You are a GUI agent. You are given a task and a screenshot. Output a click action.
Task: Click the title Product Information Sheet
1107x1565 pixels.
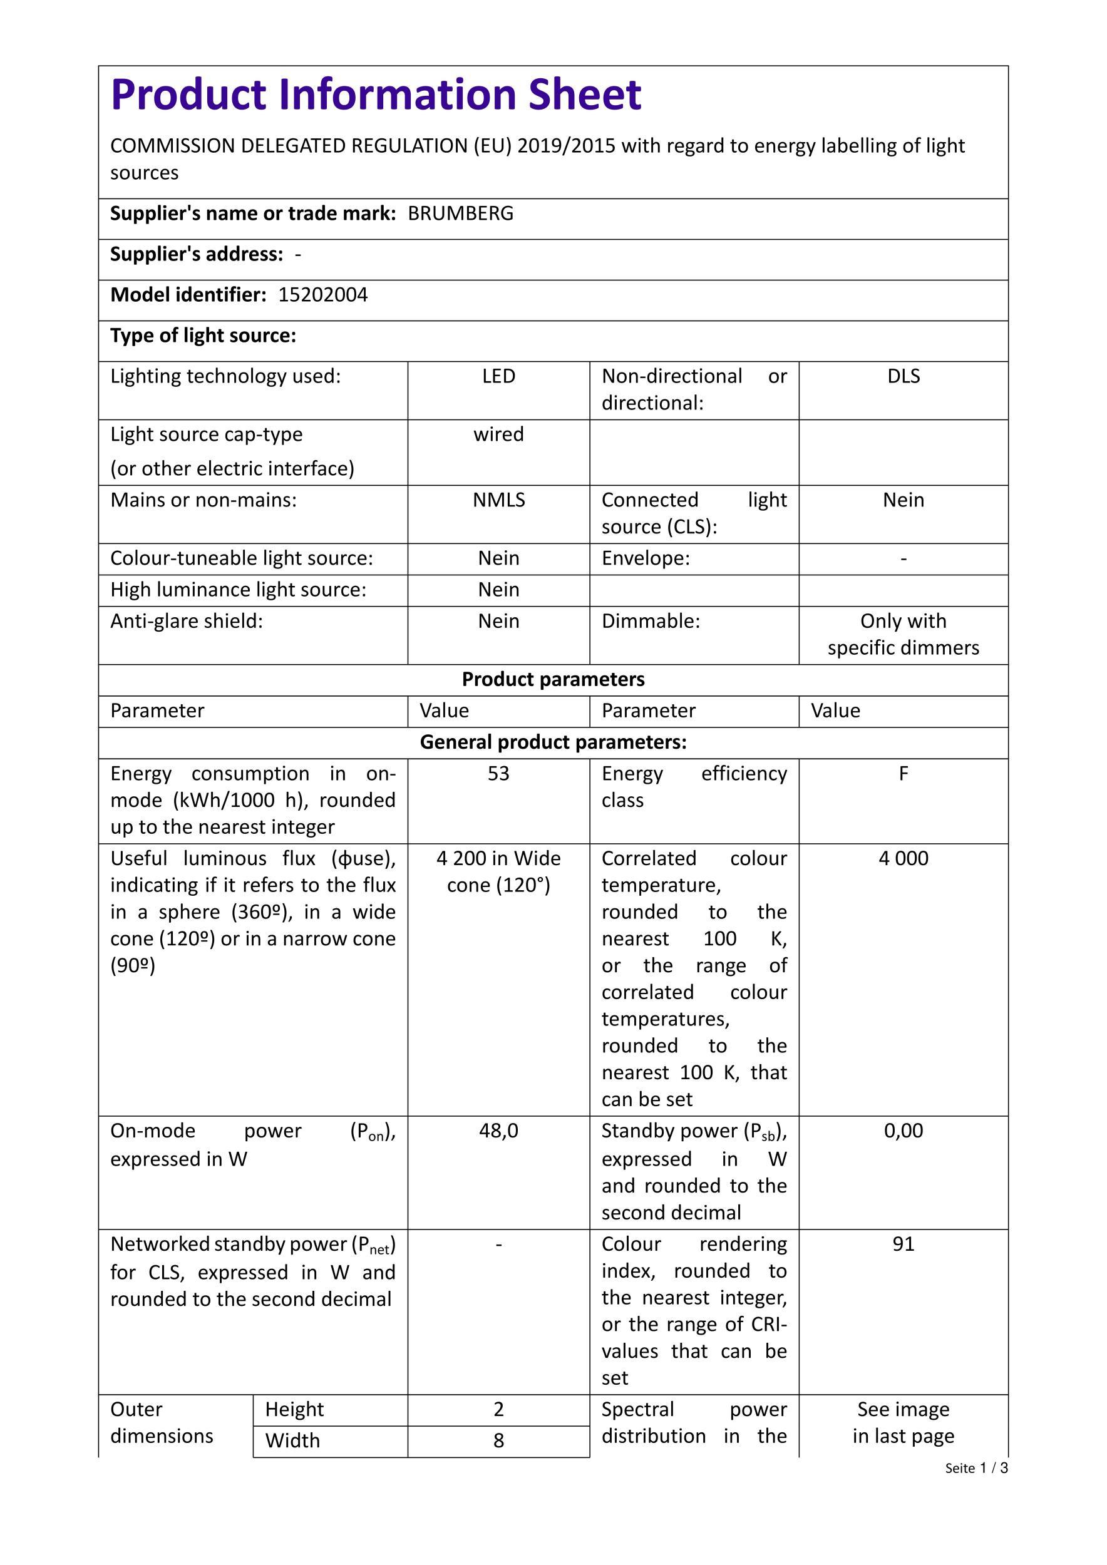tap(376, 95)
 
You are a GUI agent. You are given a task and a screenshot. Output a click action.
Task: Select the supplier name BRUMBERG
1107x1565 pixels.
tap(460, 214)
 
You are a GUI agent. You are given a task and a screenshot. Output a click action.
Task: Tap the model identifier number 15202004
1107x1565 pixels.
tap(322, 295)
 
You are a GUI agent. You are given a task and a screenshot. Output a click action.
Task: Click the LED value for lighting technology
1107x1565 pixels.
tap(498, 376)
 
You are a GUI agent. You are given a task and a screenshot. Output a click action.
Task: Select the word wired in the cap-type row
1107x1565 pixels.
tap(498, 435)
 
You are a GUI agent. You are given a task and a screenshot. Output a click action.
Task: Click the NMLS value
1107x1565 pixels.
tap(498, 500)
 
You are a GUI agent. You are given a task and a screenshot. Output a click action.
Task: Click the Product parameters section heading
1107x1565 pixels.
tap(553, 680)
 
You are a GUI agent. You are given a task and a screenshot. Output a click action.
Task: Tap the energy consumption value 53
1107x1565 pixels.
tap(498, 774)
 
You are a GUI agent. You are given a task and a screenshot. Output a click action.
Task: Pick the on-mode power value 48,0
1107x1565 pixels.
tap(498, 1131)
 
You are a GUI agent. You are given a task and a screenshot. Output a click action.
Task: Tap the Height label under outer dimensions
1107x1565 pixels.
tap(294, 1409)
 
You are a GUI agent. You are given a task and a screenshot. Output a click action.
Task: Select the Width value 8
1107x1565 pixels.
tap(498, 1440)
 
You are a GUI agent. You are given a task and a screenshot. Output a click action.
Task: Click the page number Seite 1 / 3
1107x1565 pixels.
tap(976, 1468)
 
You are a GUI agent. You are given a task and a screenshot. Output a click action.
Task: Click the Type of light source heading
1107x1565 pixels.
tap(203, 336)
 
